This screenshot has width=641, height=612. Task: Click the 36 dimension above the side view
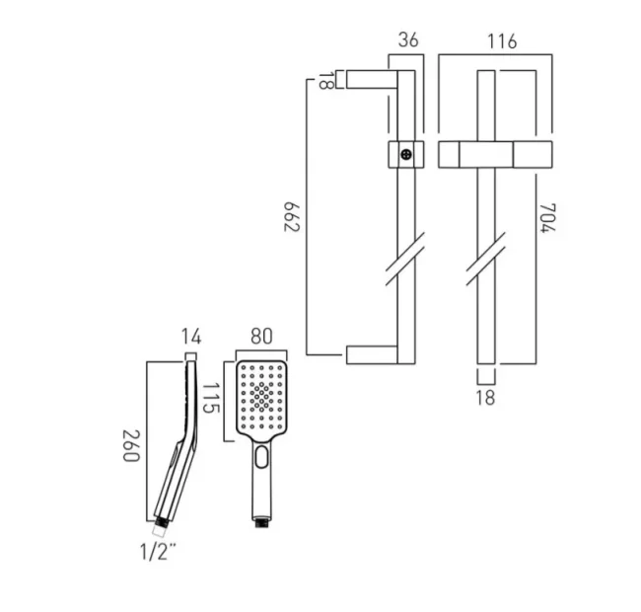pyautogui.click(x=409, y=41)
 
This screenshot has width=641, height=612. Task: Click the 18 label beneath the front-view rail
pyautogui.click(x=485, y=398)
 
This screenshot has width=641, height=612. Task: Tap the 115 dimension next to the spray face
pyautogui.click(x=211, y=398)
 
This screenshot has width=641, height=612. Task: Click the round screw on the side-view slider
pyautogui.click(x=405, y=155)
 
